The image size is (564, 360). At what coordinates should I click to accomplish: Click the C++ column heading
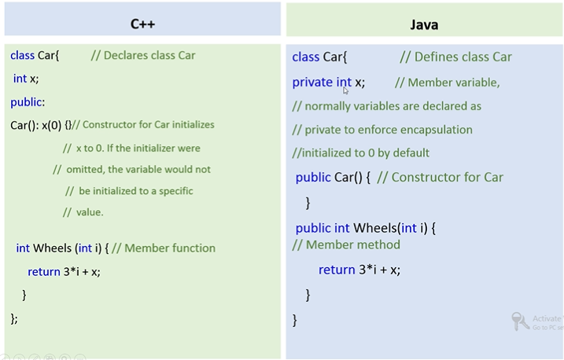[x=142, y=24]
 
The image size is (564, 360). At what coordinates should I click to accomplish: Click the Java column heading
[x=424, y=24]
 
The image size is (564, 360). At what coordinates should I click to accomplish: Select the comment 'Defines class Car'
[x=455, y=57]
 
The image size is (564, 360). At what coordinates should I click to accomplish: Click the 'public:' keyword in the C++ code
[x=28, y=102]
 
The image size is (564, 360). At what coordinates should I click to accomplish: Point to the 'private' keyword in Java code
[x=311, y=82]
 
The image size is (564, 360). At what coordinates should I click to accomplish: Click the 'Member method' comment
[x=346, y=244]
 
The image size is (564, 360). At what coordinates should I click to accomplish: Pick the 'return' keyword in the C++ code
[x=44, y=272]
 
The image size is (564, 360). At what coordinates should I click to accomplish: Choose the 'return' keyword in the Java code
[x=337, y=270]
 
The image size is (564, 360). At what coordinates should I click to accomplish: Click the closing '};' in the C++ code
[x=13, y=318]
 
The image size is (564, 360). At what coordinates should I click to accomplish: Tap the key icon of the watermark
[x=520, y=321]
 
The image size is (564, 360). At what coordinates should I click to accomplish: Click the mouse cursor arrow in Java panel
[x=345, y=90]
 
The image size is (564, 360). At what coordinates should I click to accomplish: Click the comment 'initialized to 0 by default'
[x=362, y=153]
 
